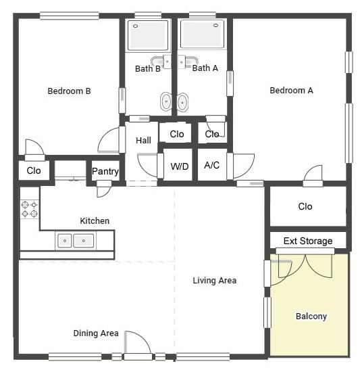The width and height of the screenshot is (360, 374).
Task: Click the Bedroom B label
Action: coord(69,91)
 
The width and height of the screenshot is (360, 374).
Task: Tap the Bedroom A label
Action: coord(291,91)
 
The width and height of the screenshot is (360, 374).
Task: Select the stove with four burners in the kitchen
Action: coord(30,209)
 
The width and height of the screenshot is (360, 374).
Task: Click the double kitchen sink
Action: coord(76,241)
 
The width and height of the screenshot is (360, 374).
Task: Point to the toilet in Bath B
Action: coord(166,101)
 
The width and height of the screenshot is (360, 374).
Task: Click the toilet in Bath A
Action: coord(182,102)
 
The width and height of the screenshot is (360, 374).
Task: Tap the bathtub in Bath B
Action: coord(148,35)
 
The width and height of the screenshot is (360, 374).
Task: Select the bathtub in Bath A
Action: coord(202,35)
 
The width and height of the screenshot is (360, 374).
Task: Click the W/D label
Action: coord(180,166)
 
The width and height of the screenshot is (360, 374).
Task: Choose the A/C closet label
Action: coord(212,165)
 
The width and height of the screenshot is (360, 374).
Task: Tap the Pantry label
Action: coord(105,171)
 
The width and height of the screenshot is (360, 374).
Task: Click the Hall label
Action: coord(143,140)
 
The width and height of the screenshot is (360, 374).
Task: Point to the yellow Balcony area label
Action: coord(311,317)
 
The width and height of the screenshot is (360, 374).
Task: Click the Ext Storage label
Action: coord(308,241)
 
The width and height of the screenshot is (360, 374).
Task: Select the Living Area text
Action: coord(214,281)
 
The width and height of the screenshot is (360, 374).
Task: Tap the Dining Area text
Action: coord(96,333)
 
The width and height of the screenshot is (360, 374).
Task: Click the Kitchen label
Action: coord(95,221)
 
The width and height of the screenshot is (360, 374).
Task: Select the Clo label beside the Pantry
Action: coord(34,170)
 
